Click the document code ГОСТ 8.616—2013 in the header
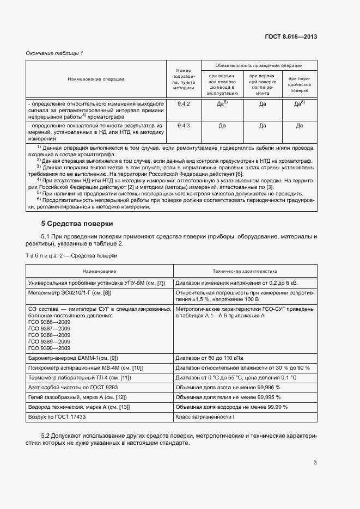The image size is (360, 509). [291, 36]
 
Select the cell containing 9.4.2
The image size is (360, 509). [184, 102]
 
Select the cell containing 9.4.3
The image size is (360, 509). [184, 126]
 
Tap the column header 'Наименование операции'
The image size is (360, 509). [96, 79]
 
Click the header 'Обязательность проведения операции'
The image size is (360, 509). [259, 65]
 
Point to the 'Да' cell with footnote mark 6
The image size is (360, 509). [299, 103]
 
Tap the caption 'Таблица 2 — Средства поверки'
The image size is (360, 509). [71, 255]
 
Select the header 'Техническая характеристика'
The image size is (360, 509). [245, 271]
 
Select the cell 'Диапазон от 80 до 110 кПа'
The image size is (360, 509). [210, 358]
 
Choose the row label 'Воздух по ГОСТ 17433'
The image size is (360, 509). [57, 416]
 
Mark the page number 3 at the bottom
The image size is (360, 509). [315, 463]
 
